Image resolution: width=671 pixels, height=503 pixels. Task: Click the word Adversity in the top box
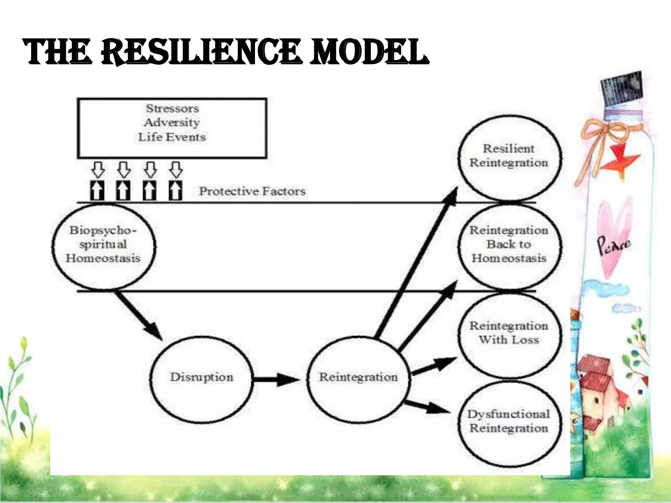(172, 122)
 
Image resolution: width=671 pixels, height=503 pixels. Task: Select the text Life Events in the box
(172, 137)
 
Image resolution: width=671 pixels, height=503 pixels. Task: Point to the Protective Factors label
(252, 191)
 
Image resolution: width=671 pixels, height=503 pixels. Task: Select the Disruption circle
(201, 377)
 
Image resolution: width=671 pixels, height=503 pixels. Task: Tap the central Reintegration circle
(358, 377)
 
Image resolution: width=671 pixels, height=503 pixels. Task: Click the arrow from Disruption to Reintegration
(277, 380)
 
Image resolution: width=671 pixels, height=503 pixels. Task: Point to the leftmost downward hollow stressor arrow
(98, 170)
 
